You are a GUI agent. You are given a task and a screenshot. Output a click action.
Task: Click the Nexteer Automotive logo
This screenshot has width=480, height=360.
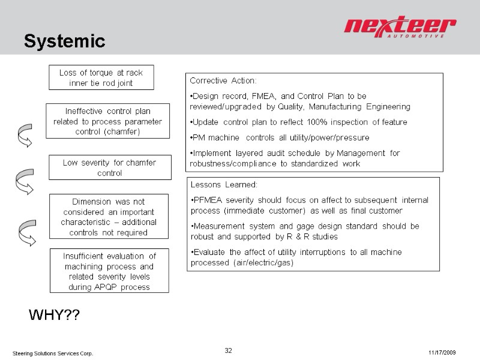tap(400, 28)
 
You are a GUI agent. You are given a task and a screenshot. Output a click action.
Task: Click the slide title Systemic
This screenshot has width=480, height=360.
tap(65, 41)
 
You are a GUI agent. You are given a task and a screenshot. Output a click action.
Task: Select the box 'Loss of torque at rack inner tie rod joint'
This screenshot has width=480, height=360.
tap(101, 77)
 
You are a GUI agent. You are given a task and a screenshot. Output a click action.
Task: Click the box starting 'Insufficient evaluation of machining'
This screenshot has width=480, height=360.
tap(110, 271)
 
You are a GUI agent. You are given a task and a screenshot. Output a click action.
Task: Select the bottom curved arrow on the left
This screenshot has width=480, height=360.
tap(26, 233)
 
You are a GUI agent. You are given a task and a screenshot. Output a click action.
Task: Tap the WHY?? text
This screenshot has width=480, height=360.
tap(55, 315)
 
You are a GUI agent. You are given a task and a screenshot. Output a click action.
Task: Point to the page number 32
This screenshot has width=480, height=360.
tap(228, 350)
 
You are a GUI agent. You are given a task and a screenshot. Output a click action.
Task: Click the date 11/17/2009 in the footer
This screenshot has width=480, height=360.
tap(443, 352)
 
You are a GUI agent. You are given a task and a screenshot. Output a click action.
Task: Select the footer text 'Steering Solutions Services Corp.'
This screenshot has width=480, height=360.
tap(53, 353)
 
